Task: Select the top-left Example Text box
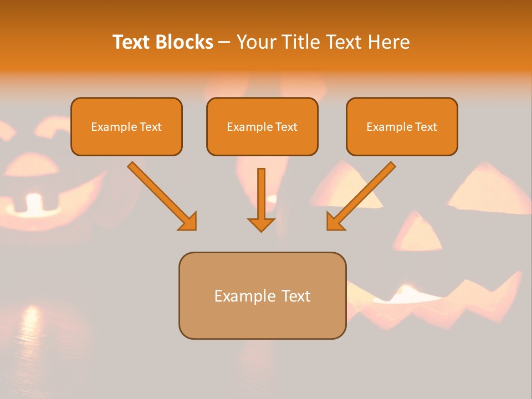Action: (126, 126)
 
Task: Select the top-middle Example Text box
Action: (262, 126)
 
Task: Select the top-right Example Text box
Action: (402, 126)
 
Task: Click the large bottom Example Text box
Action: (262, 295)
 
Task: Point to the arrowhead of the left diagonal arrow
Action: (188, 222)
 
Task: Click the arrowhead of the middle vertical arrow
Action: (261, 224)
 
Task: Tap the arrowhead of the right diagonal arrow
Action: (335, 222)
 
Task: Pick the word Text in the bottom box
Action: (293, 296)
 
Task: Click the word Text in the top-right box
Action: (426, 126)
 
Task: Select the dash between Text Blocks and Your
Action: (224, 42)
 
